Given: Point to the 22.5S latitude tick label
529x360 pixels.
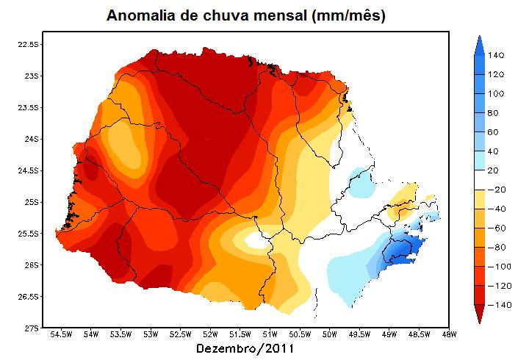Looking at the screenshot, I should tap(28, 44).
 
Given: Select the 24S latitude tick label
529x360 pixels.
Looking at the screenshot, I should tap(30, 139).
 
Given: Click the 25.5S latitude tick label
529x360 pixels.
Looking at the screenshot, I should tap(28, 234).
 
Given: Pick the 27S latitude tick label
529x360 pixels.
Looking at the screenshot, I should tap(30, 328).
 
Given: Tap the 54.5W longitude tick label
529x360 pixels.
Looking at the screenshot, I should tap(62, 336).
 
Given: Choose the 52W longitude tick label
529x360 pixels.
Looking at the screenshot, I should tap(210, 336).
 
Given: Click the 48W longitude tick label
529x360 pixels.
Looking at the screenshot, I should tap(448, 336).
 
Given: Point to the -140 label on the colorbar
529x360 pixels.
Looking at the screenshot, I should tap(497, 304).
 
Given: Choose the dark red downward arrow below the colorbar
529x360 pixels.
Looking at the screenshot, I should tap(478, 314).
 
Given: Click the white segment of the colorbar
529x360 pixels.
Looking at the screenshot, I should tap(478, 179).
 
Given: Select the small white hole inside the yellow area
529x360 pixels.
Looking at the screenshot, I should tap(256, 240).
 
